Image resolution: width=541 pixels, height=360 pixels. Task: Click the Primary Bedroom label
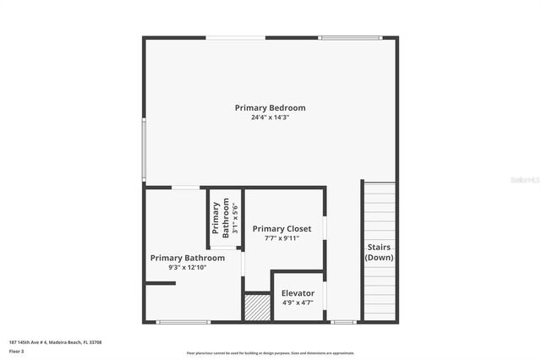pos(270,108)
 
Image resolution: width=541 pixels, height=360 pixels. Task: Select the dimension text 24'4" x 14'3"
pos(270,118)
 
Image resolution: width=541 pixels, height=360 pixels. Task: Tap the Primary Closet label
pos(281,229)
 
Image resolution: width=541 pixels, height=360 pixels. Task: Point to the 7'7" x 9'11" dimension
pos(281,238)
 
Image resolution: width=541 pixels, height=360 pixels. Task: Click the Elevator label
pos(298,293)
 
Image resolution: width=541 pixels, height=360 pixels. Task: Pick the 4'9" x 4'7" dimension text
pos(298,303)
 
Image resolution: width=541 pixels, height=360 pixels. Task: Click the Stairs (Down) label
pos(379,253)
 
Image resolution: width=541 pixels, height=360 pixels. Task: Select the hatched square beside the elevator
pos(256,307)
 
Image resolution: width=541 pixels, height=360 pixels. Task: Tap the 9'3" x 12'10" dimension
pos(187,268)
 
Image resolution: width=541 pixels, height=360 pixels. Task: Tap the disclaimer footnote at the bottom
pos(270,353)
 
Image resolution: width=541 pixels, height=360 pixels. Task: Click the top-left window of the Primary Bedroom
pos(236,37)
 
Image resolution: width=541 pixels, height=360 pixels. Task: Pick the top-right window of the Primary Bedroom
pos(350,37)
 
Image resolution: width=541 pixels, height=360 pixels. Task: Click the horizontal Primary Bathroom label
pos(187,258)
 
